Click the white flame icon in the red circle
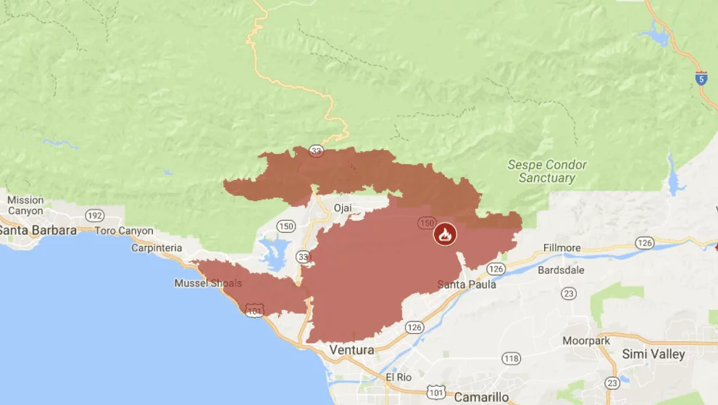click(445, 234)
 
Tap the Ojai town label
click(342, 208)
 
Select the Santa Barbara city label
click(38, 230)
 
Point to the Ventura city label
click(351, 350)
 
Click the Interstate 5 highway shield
click(701, 78)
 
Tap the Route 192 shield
click(93, 216)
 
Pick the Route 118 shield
click(512, 359)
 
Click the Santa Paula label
click(467, 285)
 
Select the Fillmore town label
click(562, 248)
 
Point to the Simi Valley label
click(654, 354)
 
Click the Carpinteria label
click(156, 247)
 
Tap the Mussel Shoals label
click(208, 283)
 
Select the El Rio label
click(398, 377)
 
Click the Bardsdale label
click(559, 269)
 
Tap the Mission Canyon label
click(25, 205)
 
